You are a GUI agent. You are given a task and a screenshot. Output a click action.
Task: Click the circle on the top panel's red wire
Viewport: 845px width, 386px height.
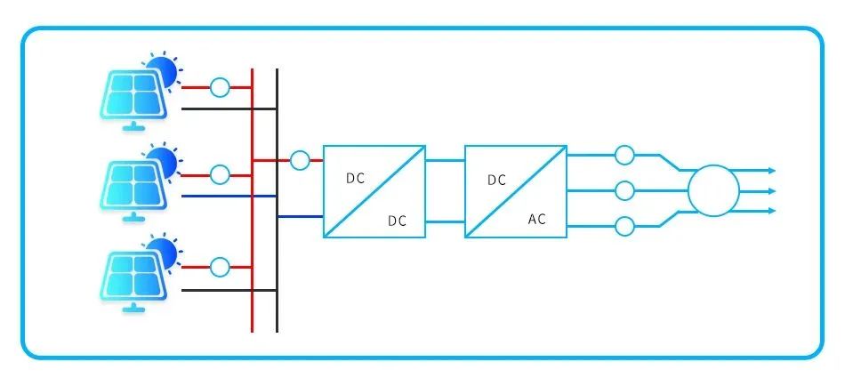(220, 87)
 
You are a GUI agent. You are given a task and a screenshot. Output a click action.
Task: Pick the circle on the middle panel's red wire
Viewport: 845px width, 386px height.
(220, 174)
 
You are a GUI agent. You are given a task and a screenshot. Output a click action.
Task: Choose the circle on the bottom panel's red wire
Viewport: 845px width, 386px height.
(220, 267)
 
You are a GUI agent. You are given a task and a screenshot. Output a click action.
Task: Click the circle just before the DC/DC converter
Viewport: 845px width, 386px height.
(300, 160)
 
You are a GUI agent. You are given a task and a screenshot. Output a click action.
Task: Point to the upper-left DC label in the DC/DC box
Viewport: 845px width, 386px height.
(355, 179)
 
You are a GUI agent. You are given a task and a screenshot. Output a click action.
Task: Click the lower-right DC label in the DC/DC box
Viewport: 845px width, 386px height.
(398, 221)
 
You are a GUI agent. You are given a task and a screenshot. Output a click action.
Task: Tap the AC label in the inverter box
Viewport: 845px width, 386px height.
(536, 219)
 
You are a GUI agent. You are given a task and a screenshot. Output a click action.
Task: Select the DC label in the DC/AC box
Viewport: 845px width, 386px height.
(497, 180)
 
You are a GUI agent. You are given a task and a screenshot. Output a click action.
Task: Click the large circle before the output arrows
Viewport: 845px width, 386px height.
(713, 191)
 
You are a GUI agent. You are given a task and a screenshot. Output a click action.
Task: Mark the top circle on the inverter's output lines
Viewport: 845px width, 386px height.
(624, 155)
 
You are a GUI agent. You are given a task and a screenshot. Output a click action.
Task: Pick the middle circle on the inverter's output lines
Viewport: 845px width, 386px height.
(624, 190)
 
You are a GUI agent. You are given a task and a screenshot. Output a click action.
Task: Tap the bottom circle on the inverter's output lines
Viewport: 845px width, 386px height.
(624, 227)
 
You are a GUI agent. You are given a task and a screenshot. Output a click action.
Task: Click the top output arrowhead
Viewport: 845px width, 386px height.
(772, 171)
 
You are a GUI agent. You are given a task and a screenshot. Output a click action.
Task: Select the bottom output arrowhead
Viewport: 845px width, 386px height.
(772, 211)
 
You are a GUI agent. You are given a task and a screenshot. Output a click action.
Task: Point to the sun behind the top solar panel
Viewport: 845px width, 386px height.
(165, 70)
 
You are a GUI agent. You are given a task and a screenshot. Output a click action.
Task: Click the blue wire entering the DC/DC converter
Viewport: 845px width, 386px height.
(300, 216)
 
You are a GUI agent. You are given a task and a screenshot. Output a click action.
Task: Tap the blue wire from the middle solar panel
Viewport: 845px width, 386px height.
(229, 196)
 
